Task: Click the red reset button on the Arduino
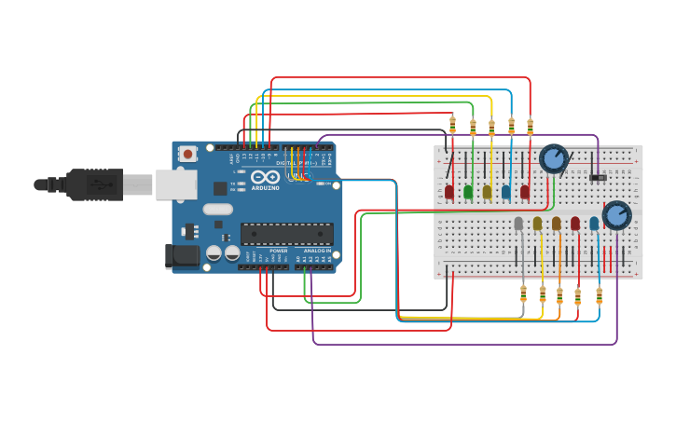coord(187,154)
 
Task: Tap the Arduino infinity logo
coord(265,177)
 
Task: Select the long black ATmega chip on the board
coord(286,234)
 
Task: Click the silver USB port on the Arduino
coord(175,184)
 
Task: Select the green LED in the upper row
coord(468,191)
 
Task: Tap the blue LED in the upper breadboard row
coord(506,191)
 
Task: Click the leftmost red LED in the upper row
coord(449,191)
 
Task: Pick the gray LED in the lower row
coord(518,224)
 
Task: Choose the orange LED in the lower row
coord(557,224)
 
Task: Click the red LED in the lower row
coord(575,224)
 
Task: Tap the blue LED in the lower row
coord(594,224)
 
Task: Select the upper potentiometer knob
coord(554,158)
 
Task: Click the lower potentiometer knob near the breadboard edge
coord(616,215)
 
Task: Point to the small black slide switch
coord(598,177)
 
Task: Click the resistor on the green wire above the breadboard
coord(473,127)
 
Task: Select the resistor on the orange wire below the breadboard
coord(559,295)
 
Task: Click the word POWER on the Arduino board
coord(278,251)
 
